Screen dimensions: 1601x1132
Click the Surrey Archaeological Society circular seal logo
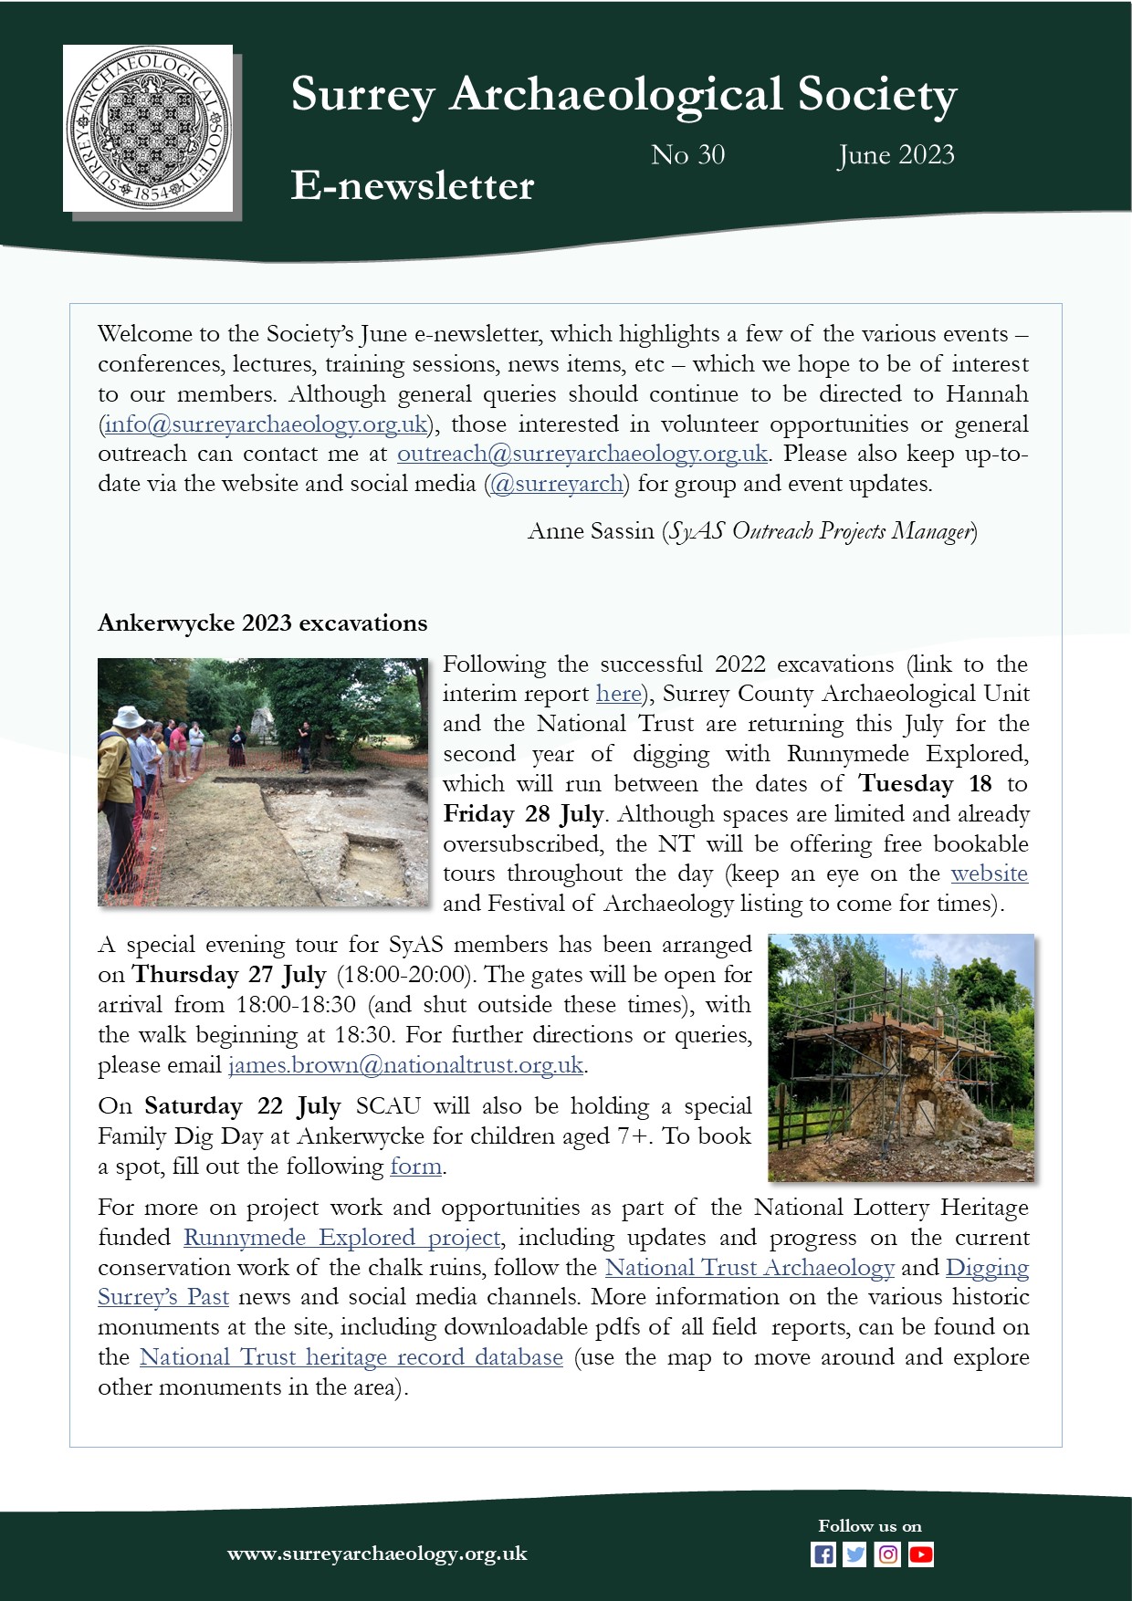(148, 128)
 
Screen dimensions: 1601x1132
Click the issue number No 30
(687, 155)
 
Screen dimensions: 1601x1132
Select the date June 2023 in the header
(896, 155)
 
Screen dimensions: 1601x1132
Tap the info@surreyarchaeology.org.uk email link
(266, 424)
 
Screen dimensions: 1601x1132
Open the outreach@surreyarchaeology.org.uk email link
(582, 454)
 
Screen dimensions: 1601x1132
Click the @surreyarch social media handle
(557, 484)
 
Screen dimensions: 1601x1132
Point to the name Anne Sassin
(591, 531)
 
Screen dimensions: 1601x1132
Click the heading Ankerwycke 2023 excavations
(262, 623)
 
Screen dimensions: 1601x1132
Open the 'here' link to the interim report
(618, 694)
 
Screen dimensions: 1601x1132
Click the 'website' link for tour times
(989, 874)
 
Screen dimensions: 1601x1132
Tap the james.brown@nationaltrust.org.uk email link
(405, 1065)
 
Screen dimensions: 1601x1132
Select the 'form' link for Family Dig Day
(415, 1167)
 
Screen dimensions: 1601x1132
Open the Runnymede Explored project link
(341, 1238)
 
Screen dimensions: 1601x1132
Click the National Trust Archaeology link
(749, 1268)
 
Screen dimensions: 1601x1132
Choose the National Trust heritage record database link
(351, 1357)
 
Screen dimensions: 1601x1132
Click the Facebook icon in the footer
(823, 1554)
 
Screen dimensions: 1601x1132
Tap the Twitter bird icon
(854, 1554)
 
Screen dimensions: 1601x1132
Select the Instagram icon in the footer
(887, 1554)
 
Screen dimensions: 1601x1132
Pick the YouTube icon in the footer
(920, 1554)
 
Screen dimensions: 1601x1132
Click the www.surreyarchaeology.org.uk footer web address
(377, 1554)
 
